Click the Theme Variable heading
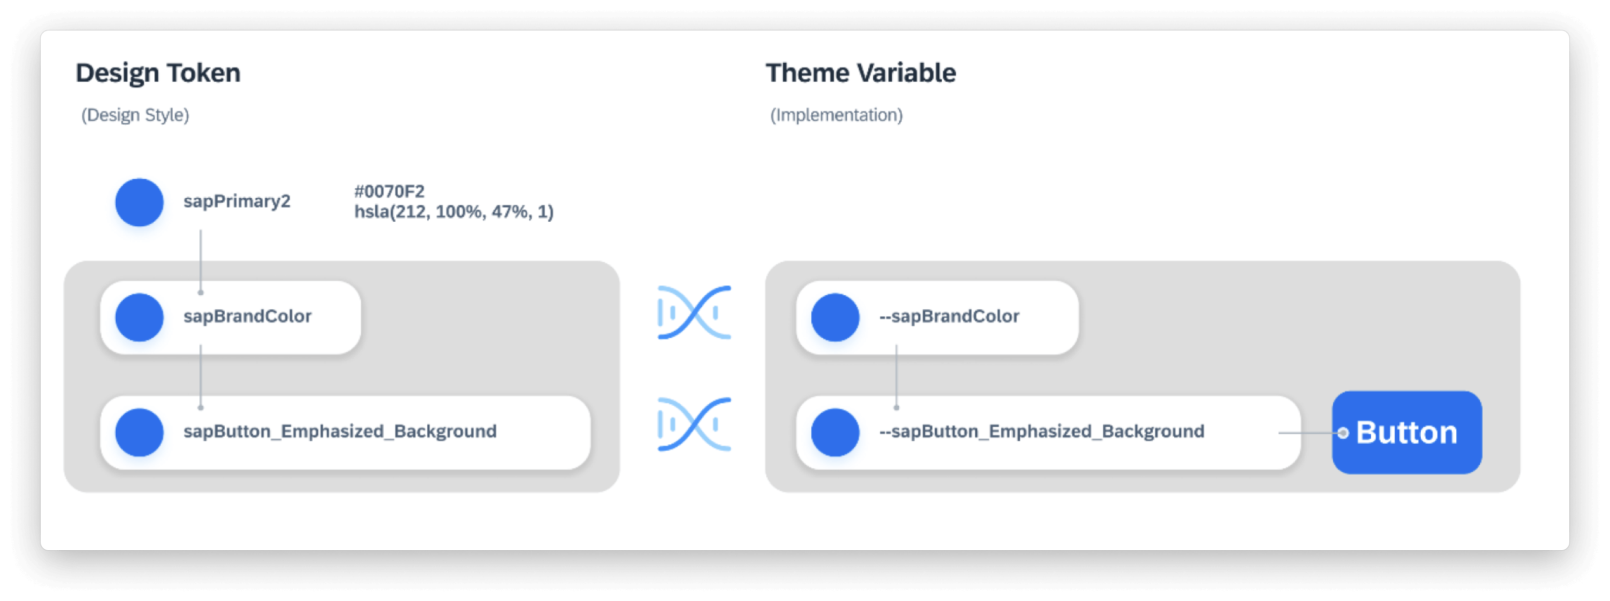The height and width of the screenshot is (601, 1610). [x=861, y=73]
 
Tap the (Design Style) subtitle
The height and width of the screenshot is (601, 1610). [x=135, y=115]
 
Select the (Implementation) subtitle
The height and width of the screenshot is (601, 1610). [x=836, y=115]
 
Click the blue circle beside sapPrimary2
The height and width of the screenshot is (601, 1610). [x=140, y=202]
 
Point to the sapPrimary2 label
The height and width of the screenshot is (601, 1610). [x=237, y=201]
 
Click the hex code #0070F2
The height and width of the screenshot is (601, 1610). [x=389, y=191]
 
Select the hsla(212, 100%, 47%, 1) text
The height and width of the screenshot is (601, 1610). [x=454, y=212]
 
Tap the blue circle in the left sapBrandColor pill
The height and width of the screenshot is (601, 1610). [x=140, y=317]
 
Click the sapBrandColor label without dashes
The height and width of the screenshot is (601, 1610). [x=247, y=316]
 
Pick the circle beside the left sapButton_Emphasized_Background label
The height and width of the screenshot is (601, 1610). [x=140, y=432]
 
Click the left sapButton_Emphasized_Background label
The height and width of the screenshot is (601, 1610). [x=340, y=431]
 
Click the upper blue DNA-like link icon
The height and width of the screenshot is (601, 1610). [x=694, y=312]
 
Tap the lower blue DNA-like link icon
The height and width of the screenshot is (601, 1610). [x=694, y=424]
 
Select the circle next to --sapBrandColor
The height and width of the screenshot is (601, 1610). [x=835, y=317]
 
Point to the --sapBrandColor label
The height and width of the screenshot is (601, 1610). [x=949, y=316]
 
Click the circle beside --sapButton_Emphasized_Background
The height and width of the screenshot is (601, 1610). [x=835, y=432]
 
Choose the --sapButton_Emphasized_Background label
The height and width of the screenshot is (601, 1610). [x=1041, y=431]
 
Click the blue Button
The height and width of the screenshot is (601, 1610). [x=1407, y=432]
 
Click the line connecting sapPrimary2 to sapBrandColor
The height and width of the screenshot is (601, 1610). [x=200, y=259]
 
